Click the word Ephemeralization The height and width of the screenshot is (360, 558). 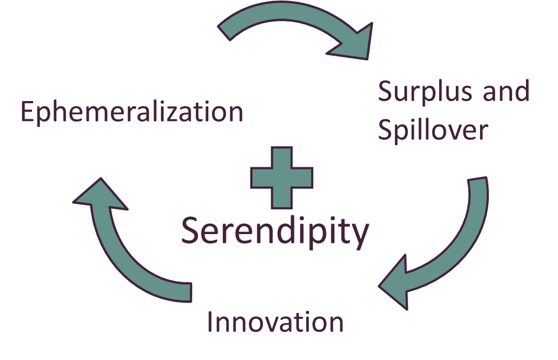tap(131, 112)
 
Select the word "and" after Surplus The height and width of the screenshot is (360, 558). tap(506, 91)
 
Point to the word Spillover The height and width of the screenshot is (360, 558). tap(433, 130)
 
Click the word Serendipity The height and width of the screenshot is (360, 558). tap(275, 231)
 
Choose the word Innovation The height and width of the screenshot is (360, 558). tap(275, 321)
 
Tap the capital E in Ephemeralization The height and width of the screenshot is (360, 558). tap(27, 112)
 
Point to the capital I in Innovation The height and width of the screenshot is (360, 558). tap(210, 321)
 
